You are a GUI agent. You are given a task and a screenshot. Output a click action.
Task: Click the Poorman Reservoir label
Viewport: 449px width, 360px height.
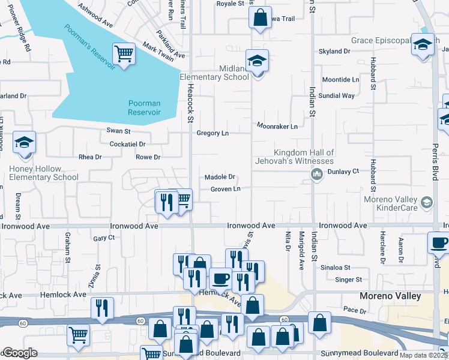pyautogui.click(x=144, y=107)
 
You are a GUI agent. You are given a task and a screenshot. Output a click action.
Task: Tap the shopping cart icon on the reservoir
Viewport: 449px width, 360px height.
pyautogui.click(x=124, y=54)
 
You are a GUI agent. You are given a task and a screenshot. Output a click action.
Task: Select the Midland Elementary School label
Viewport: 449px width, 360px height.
pyautogui.click(x=214, y=73)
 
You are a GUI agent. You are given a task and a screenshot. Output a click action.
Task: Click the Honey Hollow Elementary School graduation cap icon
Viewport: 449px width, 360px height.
pyautogui.click(x=25, y=143)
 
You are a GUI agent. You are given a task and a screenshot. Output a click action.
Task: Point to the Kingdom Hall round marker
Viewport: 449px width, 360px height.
pyautogui.click(x=316, y=174)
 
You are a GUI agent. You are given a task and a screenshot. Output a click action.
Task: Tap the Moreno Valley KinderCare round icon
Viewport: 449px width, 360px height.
pyautogui.click(x=426, y=202)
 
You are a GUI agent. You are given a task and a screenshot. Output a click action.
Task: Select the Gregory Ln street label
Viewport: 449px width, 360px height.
pyautogui.click(x=213, y=133)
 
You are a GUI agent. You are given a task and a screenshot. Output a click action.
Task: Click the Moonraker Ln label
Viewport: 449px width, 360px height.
pyautogui.click(x=277, y=127)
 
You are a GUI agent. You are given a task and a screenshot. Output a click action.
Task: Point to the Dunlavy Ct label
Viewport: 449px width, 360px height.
pyautogui.click(x=343, y=171)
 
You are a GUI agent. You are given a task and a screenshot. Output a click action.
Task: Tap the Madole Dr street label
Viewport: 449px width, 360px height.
pyautogui.click(x=219, y=177)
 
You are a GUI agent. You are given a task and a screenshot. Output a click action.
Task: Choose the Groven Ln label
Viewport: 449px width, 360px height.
pyautogui.click(x=225, y=190)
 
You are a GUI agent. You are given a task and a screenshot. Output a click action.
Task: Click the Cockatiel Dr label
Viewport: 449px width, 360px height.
pyautogui.click(x=127, y=144)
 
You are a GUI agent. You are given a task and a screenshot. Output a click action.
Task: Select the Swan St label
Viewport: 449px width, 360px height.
pyautogui.click(x=118, y=131)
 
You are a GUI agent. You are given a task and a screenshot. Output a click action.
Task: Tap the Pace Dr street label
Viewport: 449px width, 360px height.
pyautogui.click(x=355, y=311)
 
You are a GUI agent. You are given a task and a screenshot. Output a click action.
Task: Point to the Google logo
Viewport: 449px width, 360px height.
pyautogui.click(x=20, y=353)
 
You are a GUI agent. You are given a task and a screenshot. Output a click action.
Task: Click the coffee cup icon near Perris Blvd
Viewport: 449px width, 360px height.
pyautogui.click(x=439, y=242)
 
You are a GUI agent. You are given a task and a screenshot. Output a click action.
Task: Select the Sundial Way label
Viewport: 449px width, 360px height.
pyautogui.click(x=336, y=95)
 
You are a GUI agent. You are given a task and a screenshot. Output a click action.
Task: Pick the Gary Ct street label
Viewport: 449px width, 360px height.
pyautogui.click(x=104, y=238)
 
